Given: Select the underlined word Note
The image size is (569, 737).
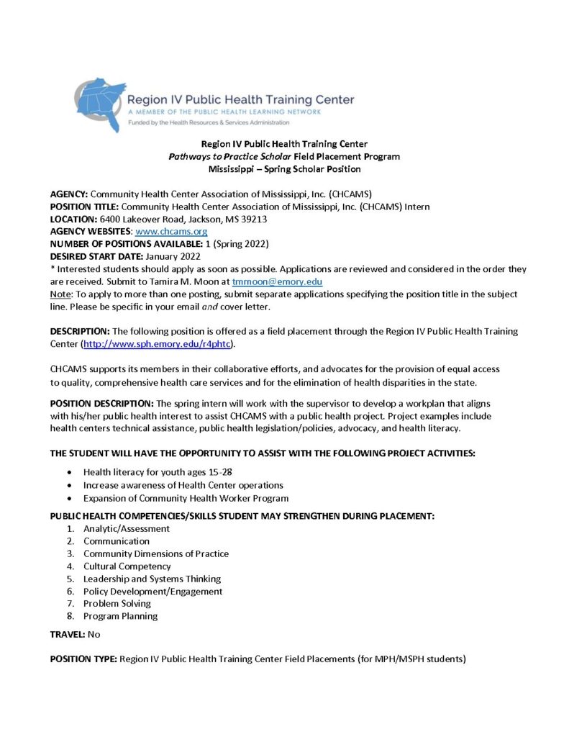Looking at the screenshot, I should (60, 294).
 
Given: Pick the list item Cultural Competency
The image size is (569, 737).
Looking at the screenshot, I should (127, 566).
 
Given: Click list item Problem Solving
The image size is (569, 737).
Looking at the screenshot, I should (117, 604).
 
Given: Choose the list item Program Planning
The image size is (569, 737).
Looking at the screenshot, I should (120, 616).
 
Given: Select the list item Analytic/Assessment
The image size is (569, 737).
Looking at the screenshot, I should (127, 529).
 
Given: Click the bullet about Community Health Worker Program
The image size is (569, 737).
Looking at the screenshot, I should (186, 498).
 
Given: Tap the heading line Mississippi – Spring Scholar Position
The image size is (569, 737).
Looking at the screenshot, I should (284, 169).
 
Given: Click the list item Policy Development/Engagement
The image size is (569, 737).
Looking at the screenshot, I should (153, 592).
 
